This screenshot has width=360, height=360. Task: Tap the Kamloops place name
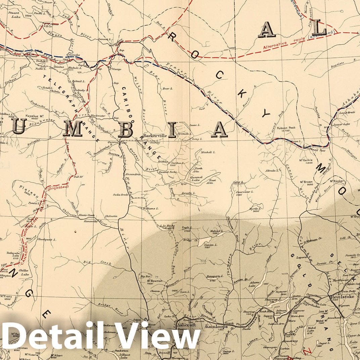click(214, 326)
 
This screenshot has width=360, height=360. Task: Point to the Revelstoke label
click(341, 297)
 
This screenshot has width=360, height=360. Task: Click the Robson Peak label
click(286, 128)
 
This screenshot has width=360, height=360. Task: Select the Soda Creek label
click(121, 195)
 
